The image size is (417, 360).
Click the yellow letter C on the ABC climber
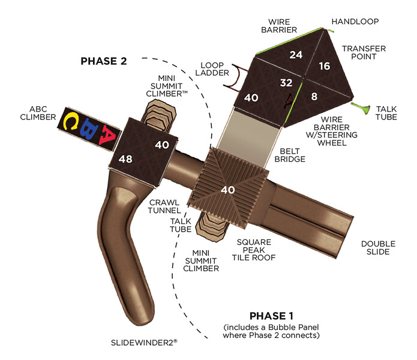(71, 121)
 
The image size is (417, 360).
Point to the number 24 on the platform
(296, 55)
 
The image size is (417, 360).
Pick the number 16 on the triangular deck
(324, 66)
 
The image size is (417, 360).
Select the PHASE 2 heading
(104, 61)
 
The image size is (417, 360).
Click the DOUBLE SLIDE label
(376, 248)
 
